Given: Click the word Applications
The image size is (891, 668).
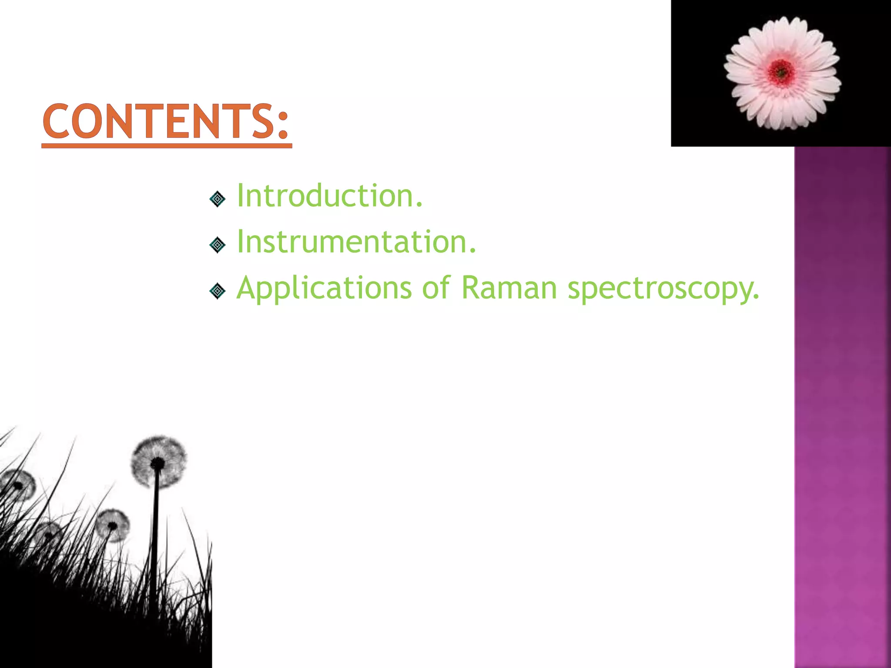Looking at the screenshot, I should pyautogui.click(x=324, y=288).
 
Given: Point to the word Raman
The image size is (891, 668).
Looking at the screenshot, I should pyautogui.click(x=509, y=288).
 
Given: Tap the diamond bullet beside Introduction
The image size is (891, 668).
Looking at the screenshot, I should pyautogui.click(x=217, y=199).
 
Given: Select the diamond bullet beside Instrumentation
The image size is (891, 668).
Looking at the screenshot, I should pyautogui.click(x=217, y=245).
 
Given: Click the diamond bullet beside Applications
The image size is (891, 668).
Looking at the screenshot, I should pyautogui.click(x=217, y=291).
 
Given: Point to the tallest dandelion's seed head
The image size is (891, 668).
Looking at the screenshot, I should pyautogui.click(x=159, y=461).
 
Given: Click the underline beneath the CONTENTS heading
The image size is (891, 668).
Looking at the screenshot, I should pyautogui.click(x=167, y=146).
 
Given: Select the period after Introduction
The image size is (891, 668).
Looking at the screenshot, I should pyautogui.click(x=419, y=206).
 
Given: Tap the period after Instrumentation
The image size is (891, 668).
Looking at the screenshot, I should pyautogui.click(x=472, y=251).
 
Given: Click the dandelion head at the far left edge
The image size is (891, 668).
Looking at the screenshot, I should pyautogui.click(x=17, y=485).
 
